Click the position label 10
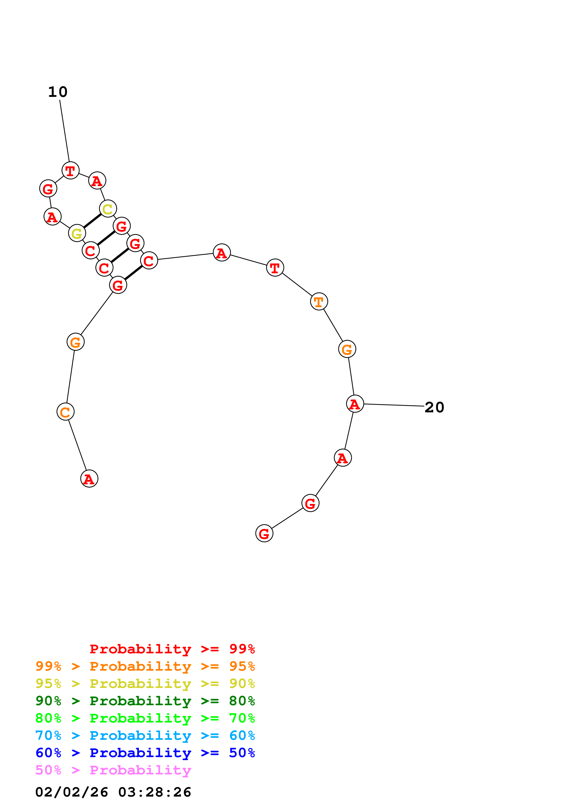[58, 92]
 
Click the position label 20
[434, 407]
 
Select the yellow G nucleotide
[77, 233]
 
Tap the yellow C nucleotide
[108, 209]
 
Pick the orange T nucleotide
[319, 302]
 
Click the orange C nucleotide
[66, 412]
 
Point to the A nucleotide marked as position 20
[355, 404]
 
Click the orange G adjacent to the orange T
[347, 349]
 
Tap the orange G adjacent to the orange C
[75, 342]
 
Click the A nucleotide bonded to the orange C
[89, 479]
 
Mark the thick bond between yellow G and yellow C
[92, 221]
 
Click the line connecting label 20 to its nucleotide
[394, 405]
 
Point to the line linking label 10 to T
[65, 131]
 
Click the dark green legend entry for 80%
[145, 701]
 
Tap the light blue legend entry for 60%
[145, 736]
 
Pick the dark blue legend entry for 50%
[145, 753]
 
